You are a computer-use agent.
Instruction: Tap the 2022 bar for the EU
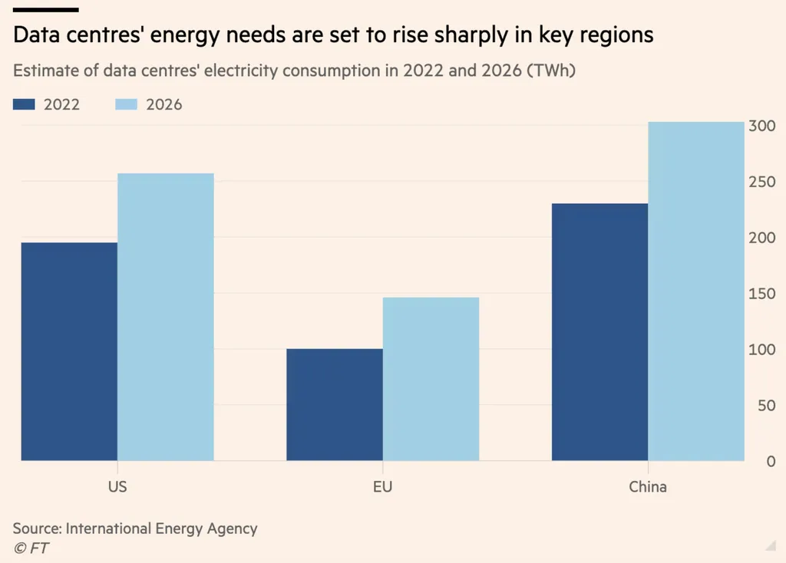(x=335, y=404)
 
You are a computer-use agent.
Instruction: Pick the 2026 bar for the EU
(x=431, y=379)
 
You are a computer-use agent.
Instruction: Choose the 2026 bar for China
(x=696, y=291)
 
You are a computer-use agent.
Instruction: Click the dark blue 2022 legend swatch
(x=24, y=104)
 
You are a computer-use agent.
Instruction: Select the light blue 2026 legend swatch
(x=127, y=104)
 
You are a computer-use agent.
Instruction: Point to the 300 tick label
(x=763, y=126)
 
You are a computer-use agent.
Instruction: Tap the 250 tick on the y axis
(x=763, y=182)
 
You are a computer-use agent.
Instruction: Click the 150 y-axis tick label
(x=763, y=294)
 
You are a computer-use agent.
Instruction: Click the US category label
(x=117, y=486)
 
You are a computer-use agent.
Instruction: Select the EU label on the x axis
(x=383, y=486)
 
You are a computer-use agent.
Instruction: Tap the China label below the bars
(x=648, y=486)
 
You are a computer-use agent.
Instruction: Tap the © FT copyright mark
(x=31, y=548)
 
